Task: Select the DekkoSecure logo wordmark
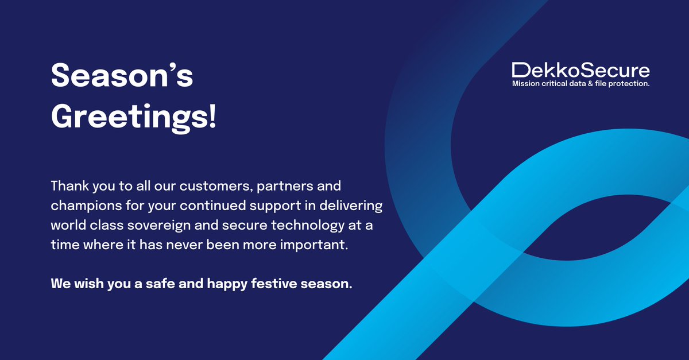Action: pyautogui.click(x=580, y=71)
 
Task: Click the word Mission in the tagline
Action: pyautogui.click(x=527, y=84)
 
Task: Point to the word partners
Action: pyautogui.click(x=280, y=187)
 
